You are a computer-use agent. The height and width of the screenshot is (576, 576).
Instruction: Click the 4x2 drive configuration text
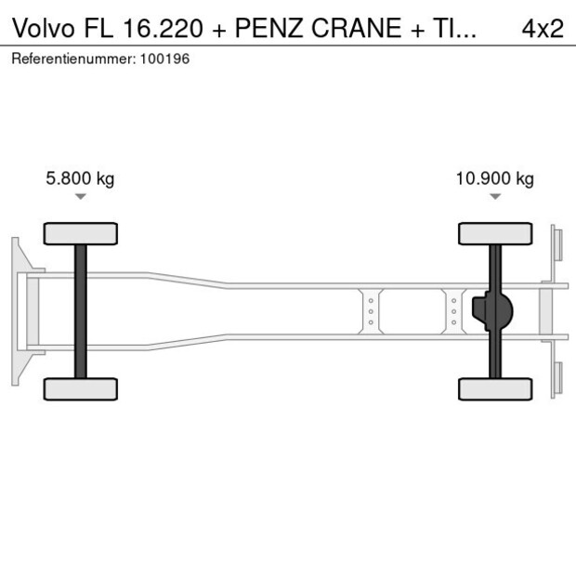[542, 28]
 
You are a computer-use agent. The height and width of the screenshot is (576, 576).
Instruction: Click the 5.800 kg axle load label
[80, 179]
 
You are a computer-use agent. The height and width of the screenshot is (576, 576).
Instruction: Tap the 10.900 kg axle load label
[494, 179]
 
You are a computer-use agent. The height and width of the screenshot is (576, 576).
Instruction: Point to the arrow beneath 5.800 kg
[81, 197]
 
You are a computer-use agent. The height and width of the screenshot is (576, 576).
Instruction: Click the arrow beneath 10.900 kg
[495, 197]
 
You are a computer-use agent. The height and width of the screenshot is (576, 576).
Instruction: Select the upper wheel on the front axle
[81, 232]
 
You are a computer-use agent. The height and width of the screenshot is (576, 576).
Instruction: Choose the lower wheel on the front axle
[81, 388]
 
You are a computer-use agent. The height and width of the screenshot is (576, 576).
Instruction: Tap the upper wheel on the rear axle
[495, 232]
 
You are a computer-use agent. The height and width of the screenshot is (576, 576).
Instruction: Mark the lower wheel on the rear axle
[495, 388]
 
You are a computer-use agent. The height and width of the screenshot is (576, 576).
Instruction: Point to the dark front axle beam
[81, 311]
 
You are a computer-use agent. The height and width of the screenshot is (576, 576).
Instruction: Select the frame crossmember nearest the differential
[453, 311]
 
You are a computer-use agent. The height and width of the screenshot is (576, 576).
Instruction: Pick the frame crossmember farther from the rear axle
[370, 311]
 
